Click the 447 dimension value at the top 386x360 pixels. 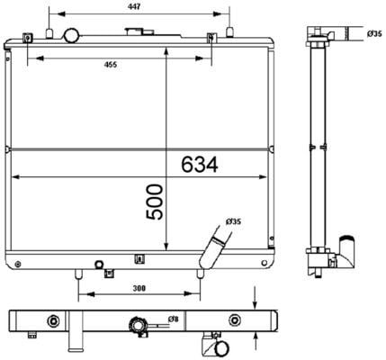click(x=134, y=6)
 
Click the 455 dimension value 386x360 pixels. click(x=111, y=65)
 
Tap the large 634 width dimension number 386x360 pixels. click(x=200, y=165)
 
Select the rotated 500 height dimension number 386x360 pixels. click(x=155, y=202)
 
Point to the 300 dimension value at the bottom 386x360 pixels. click(x=139, y=288)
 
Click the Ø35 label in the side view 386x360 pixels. click(x=374, y=33)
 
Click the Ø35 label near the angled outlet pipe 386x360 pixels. click(x=233, y=221)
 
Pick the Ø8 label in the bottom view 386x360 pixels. click(x=174, y=319)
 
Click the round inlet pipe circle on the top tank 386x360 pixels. click(x=71, y=35)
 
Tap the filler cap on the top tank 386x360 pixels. click(x=139, y=31)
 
